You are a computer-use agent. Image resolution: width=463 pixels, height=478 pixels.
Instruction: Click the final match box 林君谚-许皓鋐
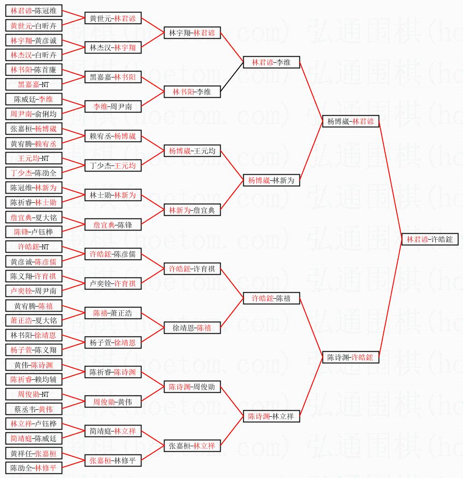coord(429,240)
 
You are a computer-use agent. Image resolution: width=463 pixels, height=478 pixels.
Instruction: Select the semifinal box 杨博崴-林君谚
coord(351,121)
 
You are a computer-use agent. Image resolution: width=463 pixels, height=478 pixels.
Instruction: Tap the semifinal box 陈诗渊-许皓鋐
coord(351,357)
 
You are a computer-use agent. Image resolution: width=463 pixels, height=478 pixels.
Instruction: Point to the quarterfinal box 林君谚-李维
coord(272,62)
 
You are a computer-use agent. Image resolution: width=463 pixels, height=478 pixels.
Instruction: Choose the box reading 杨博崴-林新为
coord(272,180)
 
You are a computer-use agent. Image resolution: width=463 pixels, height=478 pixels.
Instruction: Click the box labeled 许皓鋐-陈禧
coord(272,298)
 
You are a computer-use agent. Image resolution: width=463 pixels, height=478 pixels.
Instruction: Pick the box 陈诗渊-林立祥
coord(272,416)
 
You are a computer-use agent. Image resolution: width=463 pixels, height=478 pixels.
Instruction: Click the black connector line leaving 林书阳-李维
coord(232,77)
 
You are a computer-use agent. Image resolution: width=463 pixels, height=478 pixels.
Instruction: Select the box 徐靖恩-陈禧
coord(193,328)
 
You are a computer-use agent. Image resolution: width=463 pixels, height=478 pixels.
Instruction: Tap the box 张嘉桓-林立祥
coord(193,446)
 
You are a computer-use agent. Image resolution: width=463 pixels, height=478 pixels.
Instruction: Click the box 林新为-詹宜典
coord(193,210)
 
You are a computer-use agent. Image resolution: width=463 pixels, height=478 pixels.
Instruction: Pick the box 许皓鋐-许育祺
coord(193,269)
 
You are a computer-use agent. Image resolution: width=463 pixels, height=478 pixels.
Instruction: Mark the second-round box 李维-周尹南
coord(113,106)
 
